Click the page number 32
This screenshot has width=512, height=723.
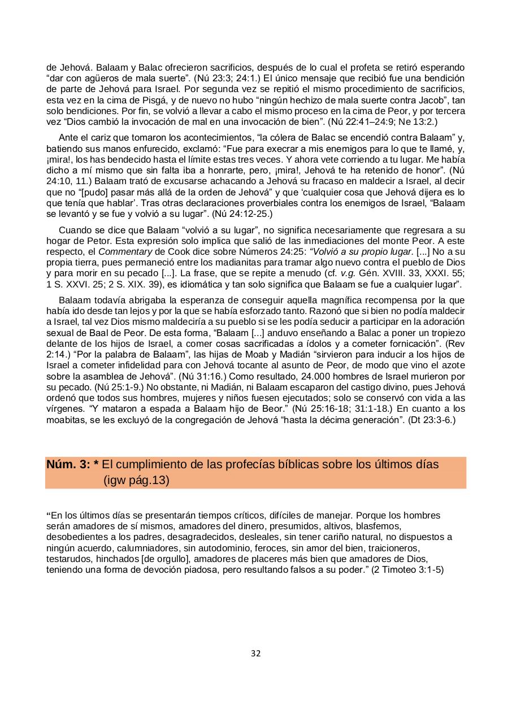255,654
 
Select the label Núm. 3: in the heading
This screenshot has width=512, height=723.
68,465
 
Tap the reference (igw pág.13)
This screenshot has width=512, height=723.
136,481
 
